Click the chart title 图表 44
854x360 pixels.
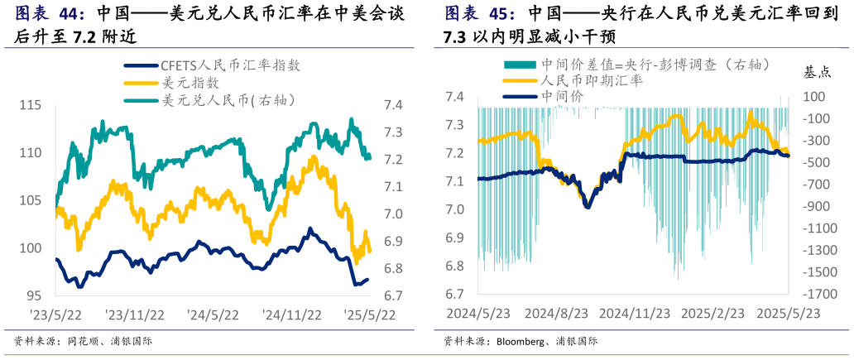coord(50,14)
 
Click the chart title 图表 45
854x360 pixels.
coord(479,14)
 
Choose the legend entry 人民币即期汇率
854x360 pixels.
coord(591,81)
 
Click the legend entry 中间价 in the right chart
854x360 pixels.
coord(562,96)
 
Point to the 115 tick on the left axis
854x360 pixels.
coord(30,105)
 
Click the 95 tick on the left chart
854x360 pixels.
coord(34,295)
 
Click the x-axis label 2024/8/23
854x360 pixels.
coord(555,314)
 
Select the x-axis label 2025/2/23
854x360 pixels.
coord(712,314)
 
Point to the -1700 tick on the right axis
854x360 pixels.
coord(818,294)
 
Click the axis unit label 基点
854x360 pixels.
coord(817,72)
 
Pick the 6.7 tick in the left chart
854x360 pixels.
coord(392,295)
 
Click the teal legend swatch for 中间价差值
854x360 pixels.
coord(521,65)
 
